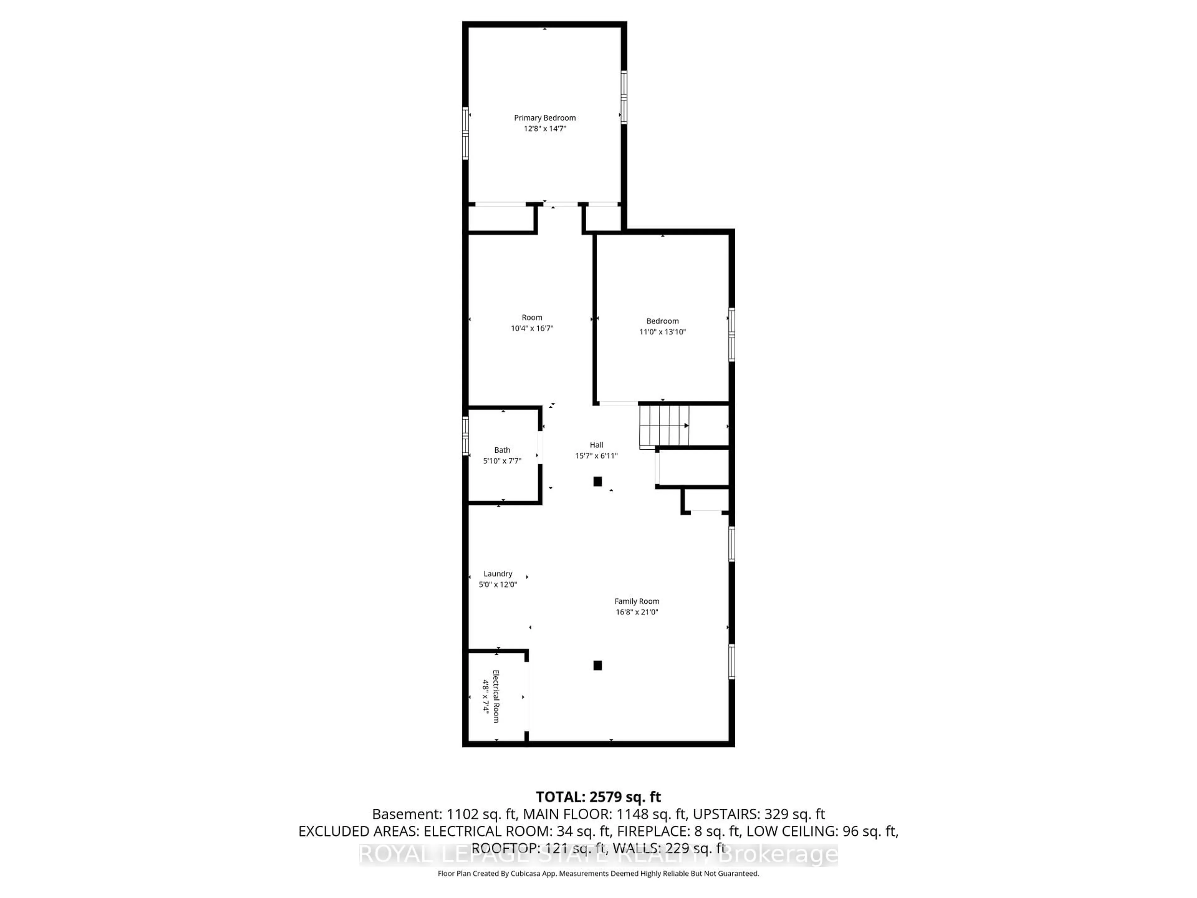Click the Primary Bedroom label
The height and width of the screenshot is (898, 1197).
[544, 118]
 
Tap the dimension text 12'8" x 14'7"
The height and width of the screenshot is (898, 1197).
[544, 129]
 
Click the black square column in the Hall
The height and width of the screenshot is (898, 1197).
[598, 481]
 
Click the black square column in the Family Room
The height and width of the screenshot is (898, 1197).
[598, 665]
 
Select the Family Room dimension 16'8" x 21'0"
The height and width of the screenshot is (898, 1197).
[637, 612]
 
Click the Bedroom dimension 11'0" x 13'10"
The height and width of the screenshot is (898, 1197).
[662, 332]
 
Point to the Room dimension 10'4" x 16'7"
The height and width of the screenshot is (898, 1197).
[532, 328]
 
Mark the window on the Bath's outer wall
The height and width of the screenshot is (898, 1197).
[465, 435]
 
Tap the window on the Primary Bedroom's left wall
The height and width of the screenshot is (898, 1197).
[465, 133]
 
